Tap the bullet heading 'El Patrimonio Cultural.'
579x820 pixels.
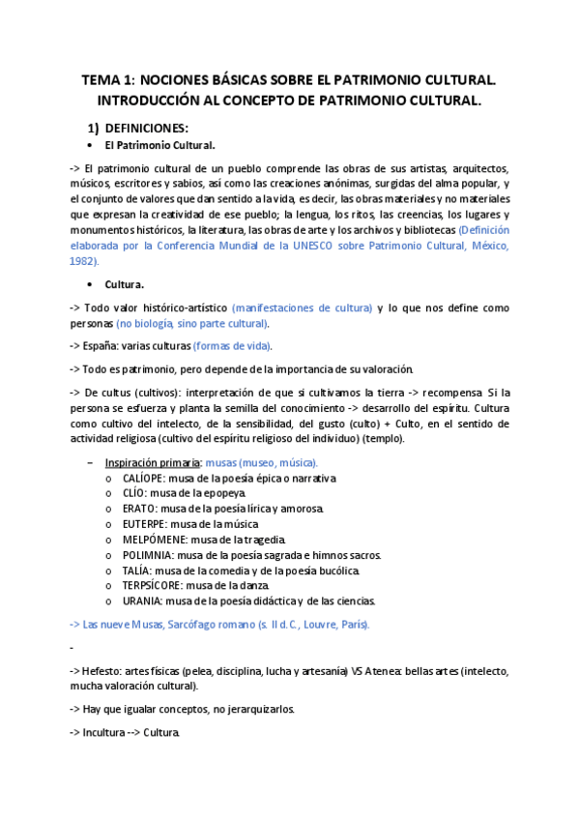159,146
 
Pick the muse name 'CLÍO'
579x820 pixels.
136,493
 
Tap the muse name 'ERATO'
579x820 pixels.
140,509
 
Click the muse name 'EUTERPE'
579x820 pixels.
146,524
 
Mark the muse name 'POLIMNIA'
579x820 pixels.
149,555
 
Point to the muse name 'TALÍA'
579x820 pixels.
138,571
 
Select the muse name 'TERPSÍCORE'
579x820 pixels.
153,586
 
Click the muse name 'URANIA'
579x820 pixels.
143,601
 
